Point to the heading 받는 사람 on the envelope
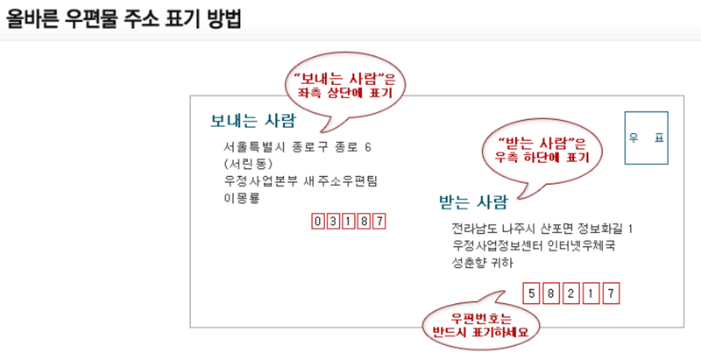[473, 204]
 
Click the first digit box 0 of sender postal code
[318, 221]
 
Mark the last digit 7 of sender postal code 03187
[379, 221]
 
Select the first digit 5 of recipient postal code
[530, 292]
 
